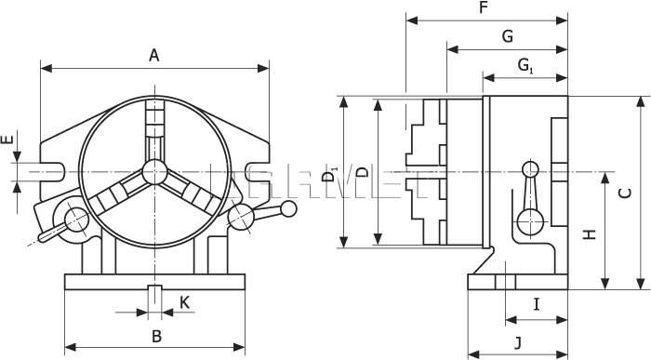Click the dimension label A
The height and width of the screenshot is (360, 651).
(x=155, y=56)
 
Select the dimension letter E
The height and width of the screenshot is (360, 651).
(x=7, y=141)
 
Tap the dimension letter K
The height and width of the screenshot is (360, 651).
(x=184, y=301)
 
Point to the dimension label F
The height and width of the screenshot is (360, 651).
(x=483, y=7)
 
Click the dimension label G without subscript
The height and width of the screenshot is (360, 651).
(x=507, y=36)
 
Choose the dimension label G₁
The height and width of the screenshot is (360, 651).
(x=525, y=65)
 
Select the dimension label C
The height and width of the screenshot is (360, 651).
(x=626, y=193)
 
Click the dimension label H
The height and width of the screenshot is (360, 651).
(x=589, y=235)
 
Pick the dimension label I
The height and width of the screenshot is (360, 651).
(x=537, y=303)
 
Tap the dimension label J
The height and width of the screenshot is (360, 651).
(x=517, y=340)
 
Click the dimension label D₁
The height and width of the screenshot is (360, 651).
(x=328, y=173)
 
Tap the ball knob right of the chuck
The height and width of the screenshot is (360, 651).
(x=240, y=219)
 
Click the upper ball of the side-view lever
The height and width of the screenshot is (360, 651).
(x=530, y=170)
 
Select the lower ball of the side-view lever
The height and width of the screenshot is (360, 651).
(x=530, y=221)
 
